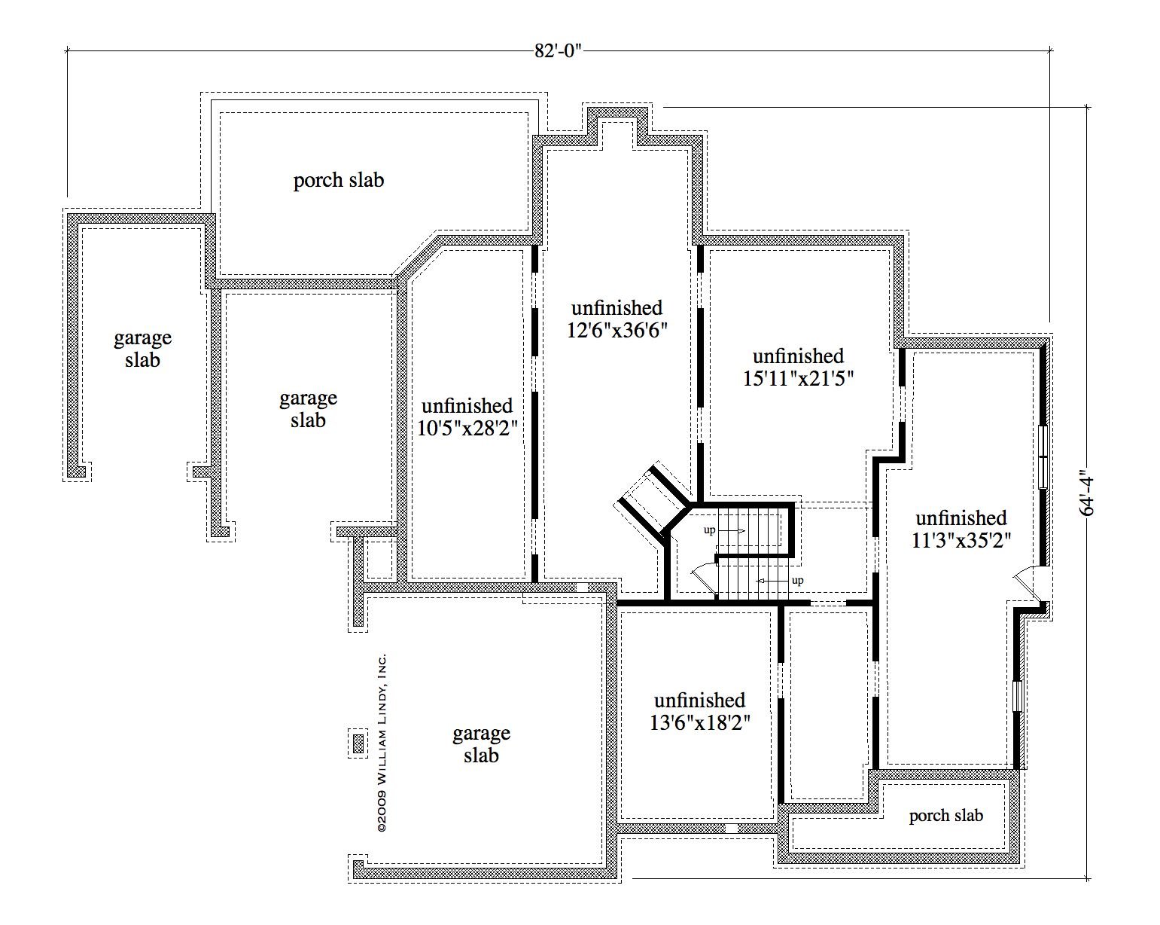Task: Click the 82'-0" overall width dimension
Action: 559,50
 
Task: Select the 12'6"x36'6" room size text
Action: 617,330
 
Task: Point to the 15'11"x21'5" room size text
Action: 799,379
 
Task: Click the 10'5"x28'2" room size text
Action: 468,429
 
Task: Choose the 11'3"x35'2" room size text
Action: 961,540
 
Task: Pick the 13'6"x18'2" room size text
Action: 699,722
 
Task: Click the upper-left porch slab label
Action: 339,180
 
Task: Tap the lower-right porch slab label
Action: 946,816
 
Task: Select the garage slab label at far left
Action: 143,349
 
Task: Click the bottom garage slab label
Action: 481,743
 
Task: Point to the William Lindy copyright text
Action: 382,743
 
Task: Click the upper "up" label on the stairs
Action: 709,530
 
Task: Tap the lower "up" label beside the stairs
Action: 798,580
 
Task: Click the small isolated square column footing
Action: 358,744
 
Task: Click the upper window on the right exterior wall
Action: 1043,457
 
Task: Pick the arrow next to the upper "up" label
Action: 732,531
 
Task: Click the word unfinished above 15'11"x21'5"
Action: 799,356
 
